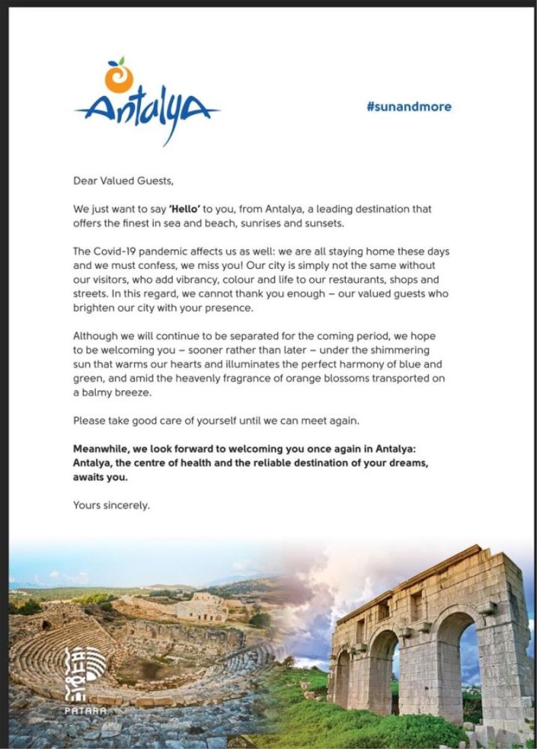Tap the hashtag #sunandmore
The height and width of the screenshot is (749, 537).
[409, 106]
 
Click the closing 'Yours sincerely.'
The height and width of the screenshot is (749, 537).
[111, 506]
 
